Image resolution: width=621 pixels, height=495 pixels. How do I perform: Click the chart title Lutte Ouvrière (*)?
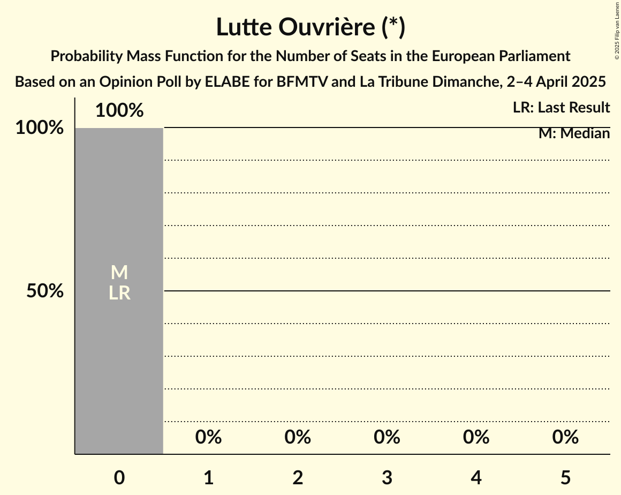[310, 27]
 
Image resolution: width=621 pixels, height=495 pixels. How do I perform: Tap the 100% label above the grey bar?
[119, 111]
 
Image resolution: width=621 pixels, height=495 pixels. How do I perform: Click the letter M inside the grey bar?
[119, 273]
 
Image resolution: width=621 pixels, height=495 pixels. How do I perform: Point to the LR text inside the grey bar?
[119, 293]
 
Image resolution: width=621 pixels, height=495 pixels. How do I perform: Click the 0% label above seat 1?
[209, 437]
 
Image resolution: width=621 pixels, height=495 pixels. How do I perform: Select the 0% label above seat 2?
[298, 437]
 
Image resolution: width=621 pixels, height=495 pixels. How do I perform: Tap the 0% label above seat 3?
[387, 437]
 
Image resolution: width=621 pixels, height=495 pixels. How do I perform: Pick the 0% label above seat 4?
[476, 437]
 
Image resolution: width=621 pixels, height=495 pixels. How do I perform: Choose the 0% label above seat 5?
[565, 437]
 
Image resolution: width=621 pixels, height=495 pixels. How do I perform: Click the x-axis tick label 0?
[119, 478]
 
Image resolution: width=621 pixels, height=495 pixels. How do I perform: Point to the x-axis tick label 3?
[387, 478]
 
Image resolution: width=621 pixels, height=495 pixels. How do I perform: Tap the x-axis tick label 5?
[565, 478]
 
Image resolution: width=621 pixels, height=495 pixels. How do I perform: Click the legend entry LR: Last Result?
[561, 108]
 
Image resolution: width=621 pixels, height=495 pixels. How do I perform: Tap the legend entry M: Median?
[574, 133]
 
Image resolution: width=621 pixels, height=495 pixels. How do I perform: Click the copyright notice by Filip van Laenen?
[617, 30]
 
